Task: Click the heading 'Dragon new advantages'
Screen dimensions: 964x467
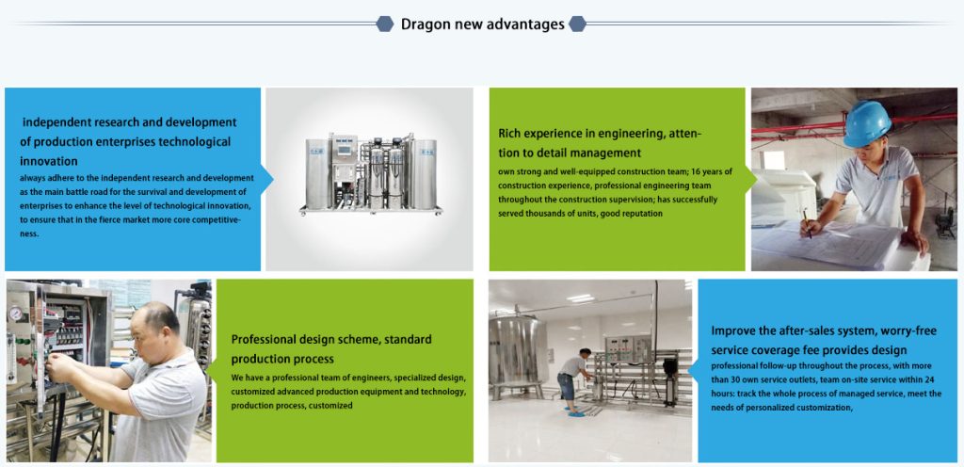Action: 483,24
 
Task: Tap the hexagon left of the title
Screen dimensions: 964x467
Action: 385,24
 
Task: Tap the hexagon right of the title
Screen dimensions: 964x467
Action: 577,24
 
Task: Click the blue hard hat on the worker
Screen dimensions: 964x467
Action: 867,123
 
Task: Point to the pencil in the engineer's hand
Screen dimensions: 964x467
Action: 807,222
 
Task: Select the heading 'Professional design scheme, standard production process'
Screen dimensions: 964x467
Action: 331,348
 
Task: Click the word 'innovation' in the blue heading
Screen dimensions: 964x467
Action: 49,162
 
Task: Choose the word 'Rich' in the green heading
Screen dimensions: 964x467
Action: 509,134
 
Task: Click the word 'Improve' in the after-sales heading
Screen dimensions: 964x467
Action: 734,330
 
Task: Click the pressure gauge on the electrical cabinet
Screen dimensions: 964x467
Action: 15,314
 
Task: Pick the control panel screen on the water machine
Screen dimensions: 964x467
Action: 345,149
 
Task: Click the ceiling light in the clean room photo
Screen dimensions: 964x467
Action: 580,298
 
